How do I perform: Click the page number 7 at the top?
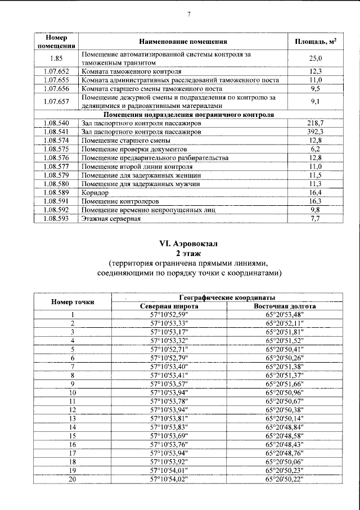[x=189, y=15]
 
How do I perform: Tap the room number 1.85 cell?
[x=56, y=58]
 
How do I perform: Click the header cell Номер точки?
[x=73, y=302]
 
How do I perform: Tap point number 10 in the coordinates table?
[x=73, y=392]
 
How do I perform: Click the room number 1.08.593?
[x=56, y=218]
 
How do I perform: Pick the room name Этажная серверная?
[x=111, y=218]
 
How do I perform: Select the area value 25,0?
[x=316, y=58]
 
